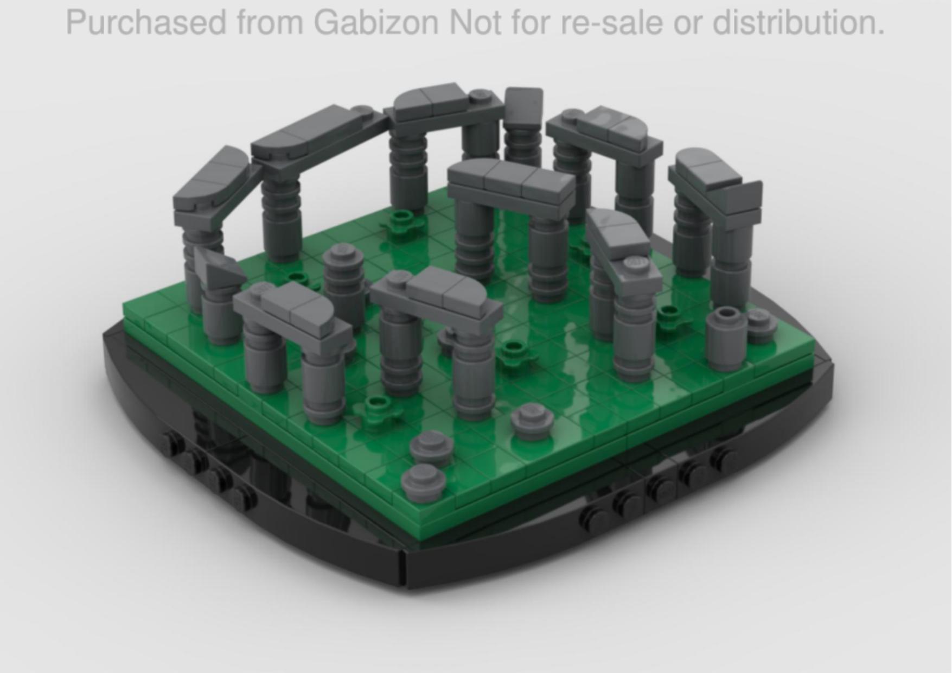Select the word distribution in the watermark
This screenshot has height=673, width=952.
(798, 23)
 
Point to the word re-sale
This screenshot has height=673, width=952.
(611, 23)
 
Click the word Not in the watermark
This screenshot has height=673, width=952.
(475, 23)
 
